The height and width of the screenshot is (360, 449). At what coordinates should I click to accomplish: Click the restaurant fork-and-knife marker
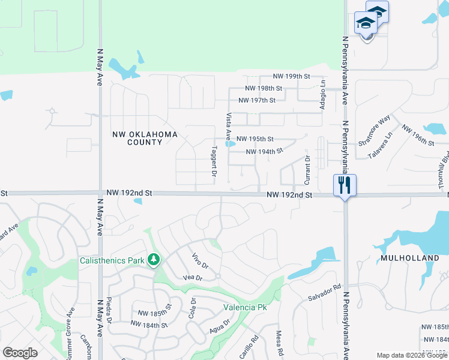(345, 184)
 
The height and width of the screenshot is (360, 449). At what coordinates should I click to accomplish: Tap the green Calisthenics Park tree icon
(155, 260)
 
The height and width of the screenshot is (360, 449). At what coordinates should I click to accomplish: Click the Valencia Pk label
(245, 307)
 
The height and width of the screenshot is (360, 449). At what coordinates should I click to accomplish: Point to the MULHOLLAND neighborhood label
(410, 257)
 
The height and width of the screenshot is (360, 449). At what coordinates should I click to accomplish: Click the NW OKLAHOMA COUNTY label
(145, 139)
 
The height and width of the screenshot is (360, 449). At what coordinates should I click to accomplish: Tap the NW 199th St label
(291, 77)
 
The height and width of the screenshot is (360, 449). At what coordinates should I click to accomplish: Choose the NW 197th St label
(257, 100)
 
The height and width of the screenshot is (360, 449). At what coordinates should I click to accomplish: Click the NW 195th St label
(255, 139)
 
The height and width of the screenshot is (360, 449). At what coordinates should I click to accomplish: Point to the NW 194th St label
(264, 152)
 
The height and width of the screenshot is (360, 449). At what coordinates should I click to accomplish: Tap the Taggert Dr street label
(214, 161)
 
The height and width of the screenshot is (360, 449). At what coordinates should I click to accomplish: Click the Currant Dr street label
(307, 170)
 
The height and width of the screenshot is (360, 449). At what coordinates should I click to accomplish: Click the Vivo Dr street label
(199, 262)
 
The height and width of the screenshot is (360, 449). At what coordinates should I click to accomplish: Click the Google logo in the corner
(20, 353)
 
